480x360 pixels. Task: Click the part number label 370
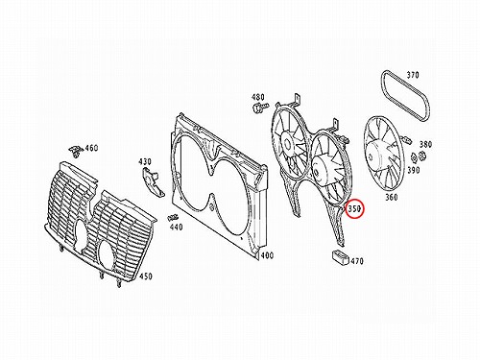pyautogui.click(x=413, y=75)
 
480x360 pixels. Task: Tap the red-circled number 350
pyautogui.click(x=354, y=209)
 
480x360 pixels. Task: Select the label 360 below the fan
pyautogui.click(x=392, y=197)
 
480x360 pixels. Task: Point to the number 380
pyautogui.click(x=425, y=144)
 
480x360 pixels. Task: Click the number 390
pyautogui.click(x=414, y=170)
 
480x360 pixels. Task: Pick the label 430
pyautogui.click(x=145, y=162)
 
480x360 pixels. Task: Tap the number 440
pyautogui.click(x=176, y=228)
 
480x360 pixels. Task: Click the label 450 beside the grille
pyautogui.click(x=146, y=276)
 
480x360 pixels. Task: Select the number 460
pyautogui.click(x=91, y=148)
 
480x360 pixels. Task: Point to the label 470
pyautogui.click(x=357, y=261)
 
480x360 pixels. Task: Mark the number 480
pyautogui.click(x=258, y=97)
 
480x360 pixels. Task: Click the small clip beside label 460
pyautogui.click(x=76, y=150)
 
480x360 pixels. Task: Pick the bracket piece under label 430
pyautogui.click(x=153, y=181)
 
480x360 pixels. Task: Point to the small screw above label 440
pyautogui.click(x=173, y=218)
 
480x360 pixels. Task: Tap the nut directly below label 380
pyautogui.click(x=421, y=155)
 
